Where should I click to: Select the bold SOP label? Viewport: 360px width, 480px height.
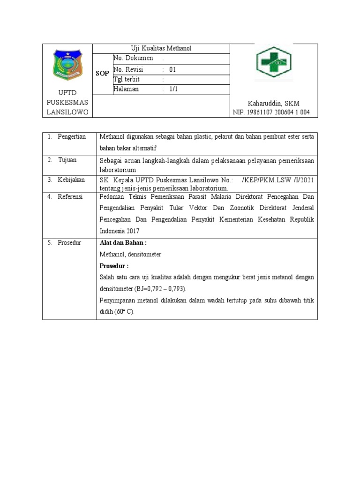tap(102, 74)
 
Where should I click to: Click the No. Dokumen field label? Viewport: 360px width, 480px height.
tap(133, 59)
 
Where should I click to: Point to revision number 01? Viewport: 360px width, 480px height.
tap(172, 69)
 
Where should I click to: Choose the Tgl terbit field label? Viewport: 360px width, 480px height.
tap(127, 79)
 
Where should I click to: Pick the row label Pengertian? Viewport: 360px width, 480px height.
tap(72, 136)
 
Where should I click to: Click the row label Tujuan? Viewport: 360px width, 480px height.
tap(67, 160)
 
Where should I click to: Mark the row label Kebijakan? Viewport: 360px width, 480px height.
tap(71, 180)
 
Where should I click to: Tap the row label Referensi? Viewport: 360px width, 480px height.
tap(70, 196)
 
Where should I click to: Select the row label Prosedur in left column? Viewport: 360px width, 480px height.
tap(69, 242)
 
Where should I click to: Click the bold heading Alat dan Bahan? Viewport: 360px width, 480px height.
tap(123, 243)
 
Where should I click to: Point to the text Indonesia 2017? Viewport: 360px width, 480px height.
tap(120, 231)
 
